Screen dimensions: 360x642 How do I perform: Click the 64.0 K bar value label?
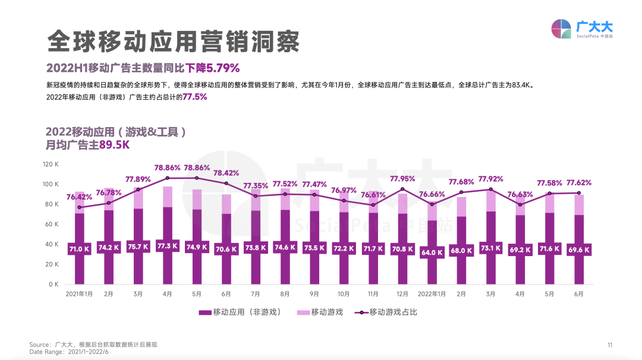(432, 252)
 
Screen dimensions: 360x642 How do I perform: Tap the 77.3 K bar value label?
(168, 246)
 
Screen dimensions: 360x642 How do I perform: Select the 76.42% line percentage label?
(79, 197)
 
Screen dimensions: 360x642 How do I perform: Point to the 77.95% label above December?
(402, 178)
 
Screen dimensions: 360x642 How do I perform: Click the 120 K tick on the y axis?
(51, 164)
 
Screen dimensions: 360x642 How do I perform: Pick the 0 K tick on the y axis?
(54, 285)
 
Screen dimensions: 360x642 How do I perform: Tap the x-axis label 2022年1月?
(432, 294)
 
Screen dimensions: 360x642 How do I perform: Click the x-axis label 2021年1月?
(79, 294)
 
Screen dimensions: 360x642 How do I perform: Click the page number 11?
(609, 345)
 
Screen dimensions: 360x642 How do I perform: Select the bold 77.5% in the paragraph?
(195, 97)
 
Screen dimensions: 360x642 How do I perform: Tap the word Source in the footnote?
(39, 345)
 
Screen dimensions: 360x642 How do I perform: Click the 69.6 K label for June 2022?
(578, 250)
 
